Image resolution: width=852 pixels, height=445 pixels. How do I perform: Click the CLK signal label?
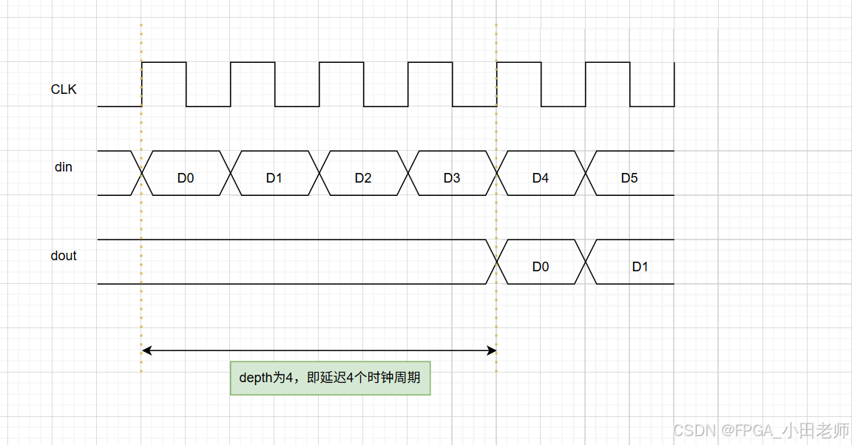tap(64, 89)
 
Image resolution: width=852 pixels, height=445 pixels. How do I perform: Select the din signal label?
tap(64, 167)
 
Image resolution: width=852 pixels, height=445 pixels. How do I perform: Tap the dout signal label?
tap(64, 256)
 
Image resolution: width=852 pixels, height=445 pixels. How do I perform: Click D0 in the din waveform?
tap(186, 178)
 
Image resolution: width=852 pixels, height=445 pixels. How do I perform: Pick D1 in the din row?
tap(274, 178)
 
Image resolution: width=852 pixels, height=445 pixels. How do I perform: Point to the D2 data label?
tap(363, 178)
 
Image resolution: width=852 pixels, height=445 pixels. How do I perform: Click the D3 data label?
tap(452, 178)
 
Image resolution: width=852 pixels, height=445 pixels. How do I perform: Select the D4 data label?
tap(541, 178)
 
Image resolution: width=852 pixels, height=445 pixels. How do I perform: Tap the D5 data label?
tap(629, 178)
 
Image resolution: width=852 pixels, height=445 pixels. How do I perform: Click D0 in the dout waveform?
tap(541, 267)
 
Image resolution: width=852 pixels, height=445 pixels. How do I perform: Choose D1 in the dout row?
tap(640, 267)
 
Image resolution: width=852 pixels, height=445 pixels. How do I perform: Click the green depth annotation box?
tap(330, 378)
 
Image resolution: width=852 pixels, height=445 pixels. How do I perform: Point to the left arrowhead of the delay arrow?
tap(145, 350)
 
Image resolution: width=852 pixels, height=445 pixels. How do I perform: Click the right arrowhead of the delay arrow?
tap(493, 350)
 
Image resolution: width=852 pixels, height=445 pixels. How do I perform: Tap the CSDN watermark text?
tap(762, 429)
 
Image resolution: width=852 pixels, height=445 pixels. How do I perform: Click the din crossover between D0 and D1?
tap(231, 173)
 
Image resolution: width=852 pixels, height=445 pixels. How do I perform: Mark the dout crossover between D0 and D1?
tap(586, 262)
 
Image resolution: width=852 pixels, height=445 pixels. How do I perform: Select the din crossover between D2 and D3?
tap(408, 173)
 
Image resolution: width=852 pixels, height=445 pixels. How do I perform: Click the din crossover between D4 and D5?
tap(586, 173)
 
